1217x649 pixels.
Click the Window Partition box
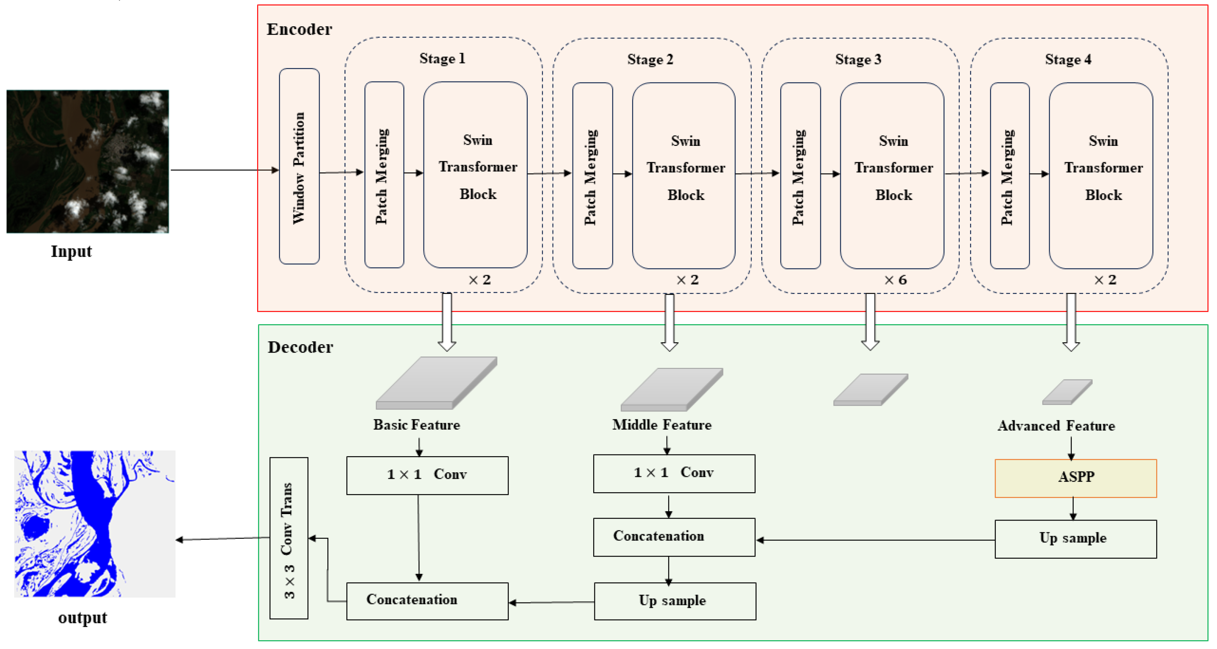pyautogui.click(x=299, y=166)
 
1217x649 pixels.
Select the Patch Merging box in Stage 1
pyautogui.click(x=384, y=175)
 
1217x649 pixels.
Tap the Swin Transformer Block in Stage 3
pyautogui.click(x=892, y=176)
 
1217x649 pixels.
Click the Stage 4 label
pyautogui.click(x=1068, y=60)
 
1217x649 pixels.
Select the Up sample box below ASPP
pyautogui.click(x=1075, y=539)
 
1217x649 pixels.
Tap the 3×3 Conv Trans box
pyautogui.click(x=289, y=538)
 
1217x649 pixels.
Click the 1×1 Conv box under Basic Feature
pyautogui.click(x=427, y=475)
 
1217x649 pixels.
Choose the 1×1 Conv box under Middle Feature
pyautogui.click(x=674, y=473)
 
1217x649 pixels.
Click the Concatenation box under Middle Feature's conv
pyautogui.click(x=674, y=537)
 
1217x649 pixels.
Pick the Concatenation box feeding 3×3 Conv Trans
pyautogui.click(x=427, y=601)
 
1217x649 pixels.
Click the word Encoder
pyautogui.click(x=299, y=29)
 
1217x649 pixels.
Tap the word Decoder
pyautogui.click(x=300, y=347)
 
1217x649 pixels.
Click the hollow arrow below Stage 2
pyautogui.click(x=669, y=322)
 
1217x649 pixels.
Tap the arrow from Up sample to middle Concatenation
pyautogui.click(x=874, y=540)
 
